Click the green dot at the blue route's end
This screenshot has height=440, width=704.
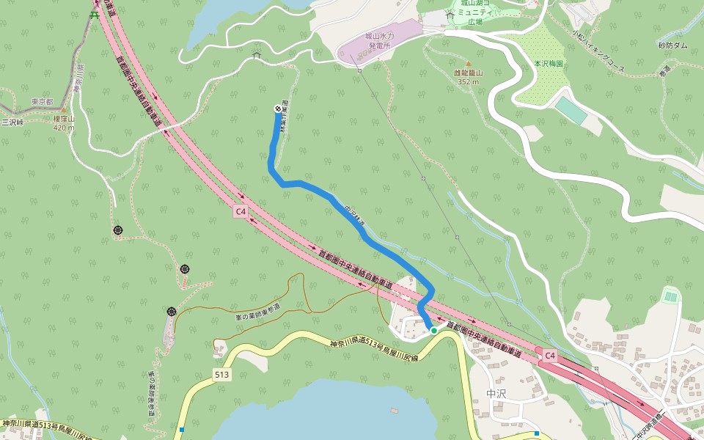434,331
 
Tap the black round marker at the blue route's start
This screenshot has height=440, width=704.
278,109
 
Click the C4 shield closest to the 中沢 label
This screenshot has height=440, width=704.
550,356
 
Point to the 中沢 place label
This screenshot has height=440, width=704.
496,394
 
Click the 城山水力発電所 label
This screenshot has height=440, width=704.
380,40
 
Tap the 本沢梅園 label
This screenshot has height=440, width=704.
549,64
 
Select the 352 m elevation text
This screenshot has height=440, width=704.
467,81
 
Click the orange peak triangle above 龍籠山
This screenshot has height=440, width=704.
469,63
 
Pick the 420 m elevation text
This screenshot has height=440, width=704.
64,128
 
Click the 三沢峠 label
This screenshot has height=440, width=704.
12,122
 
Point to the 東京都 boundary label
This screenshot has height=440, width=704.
43,102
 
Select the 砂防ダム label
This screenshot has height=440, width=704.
672,45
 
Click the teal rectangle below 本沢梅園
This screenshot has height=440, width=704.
571,110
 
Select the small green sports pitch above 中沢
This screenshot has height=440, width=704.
670,296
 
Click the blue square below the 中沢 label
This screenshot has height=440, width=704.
537,433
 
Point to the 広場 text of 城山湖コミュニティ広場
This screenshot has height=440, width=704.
475,21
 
